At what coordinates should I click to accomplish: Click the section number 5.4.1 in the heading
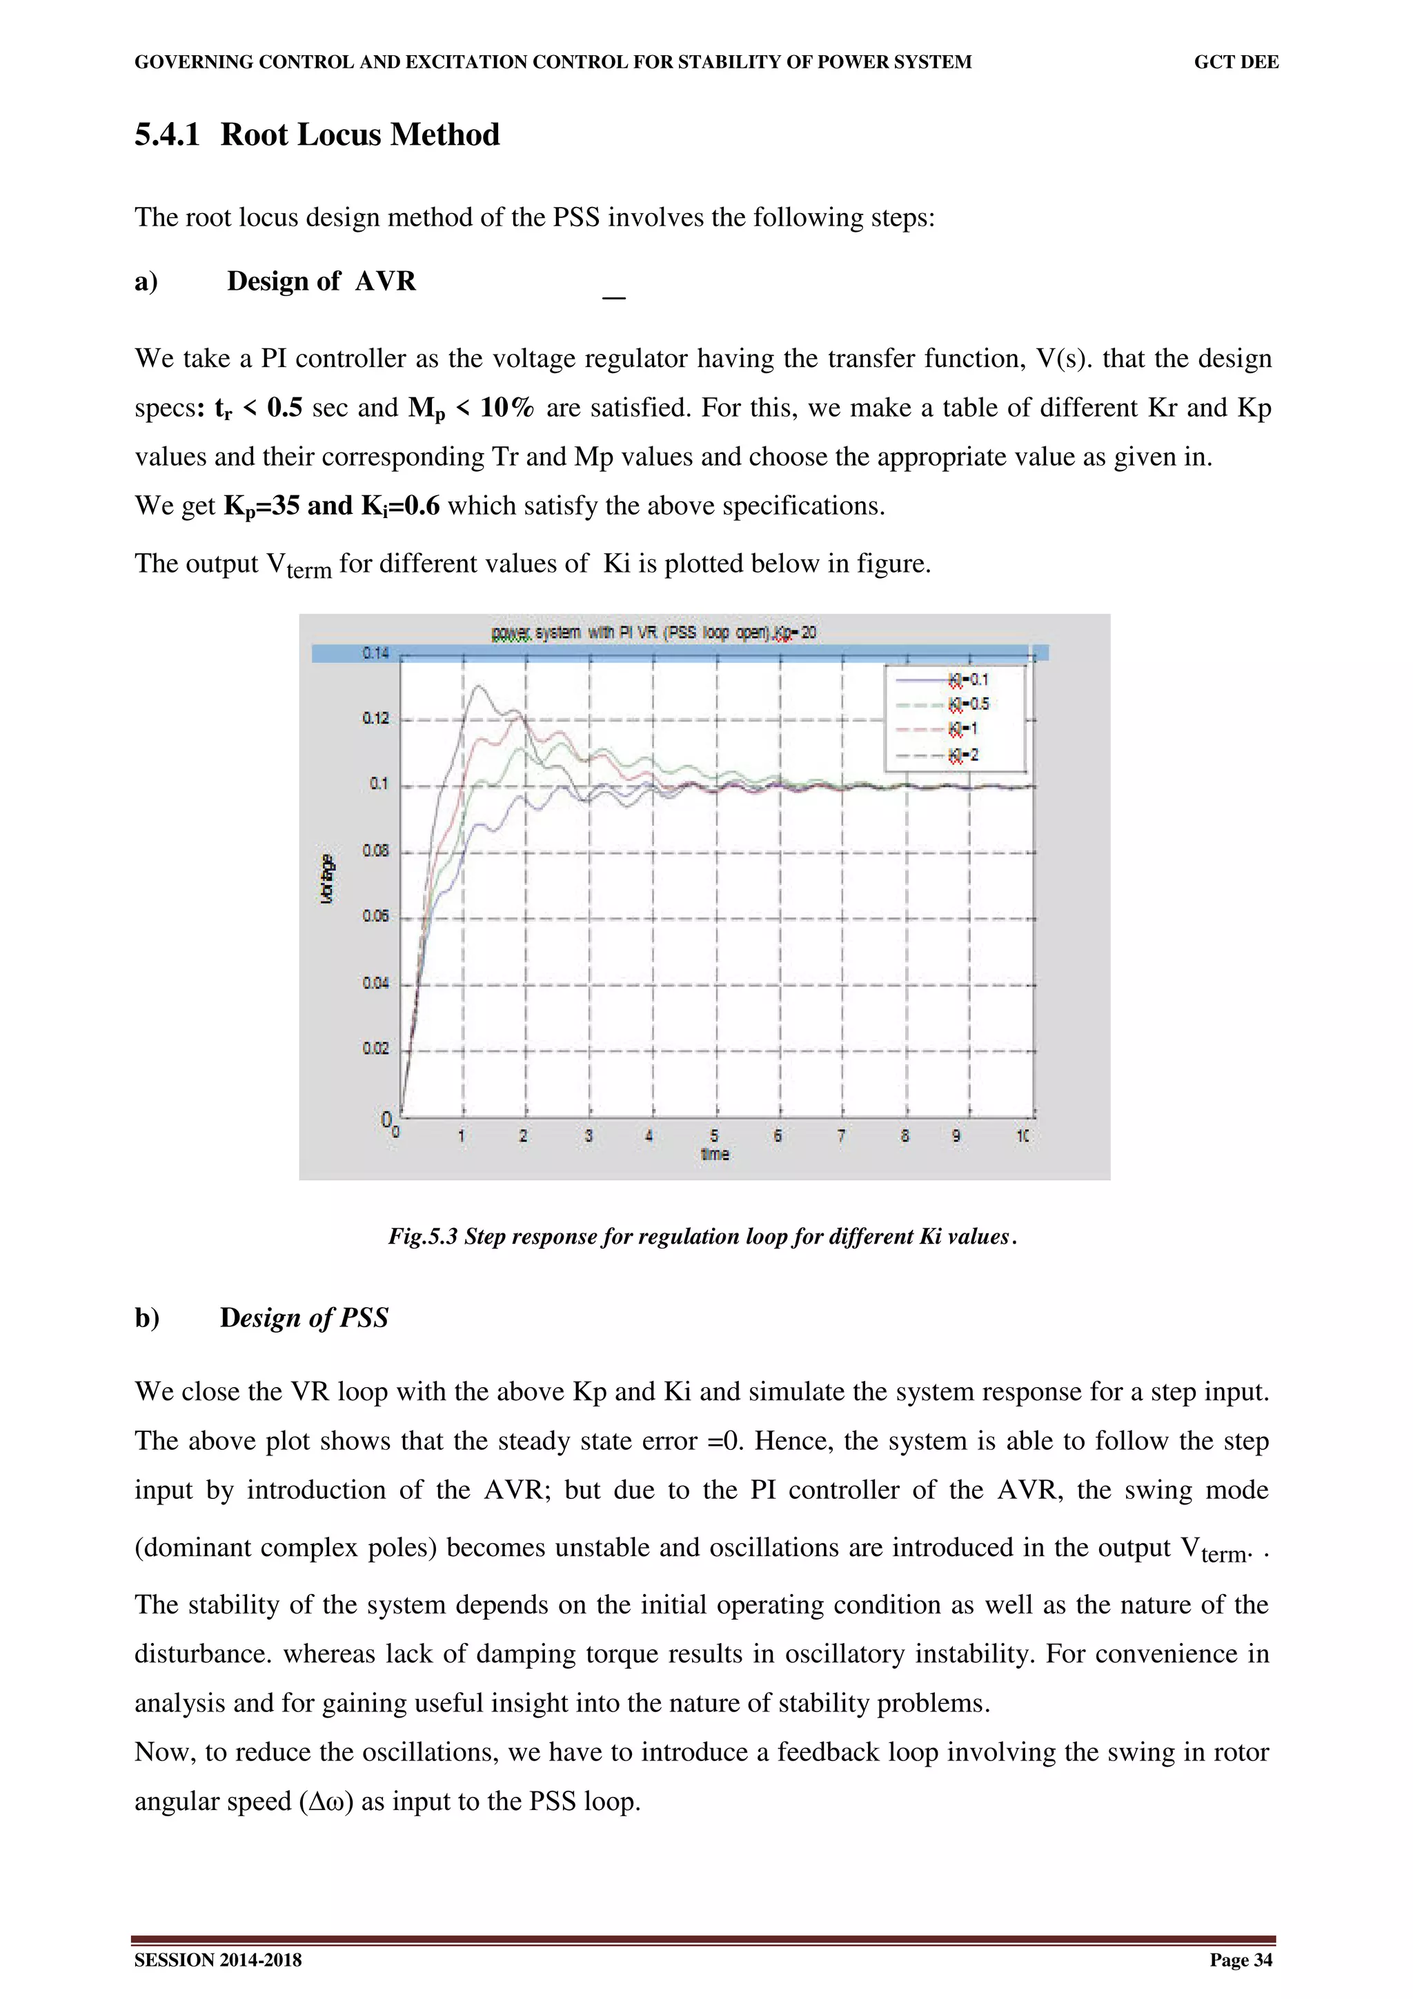point(166,135)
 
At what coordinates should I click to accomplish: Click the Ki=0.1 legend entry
point(967,679)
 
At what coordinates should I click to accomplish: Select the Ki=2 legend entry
point(963,755)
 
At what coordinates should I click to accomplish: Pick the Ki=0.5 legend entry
point(968,704)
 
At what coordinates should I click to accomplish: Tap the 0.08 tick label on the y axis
point(375,851)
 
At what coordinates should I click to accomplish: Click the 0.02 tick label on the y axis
point(375,1048)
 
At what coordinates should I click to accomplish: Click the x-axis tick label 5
point(714,1135)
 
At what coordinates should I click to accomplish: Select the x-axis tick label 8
point(905,1135)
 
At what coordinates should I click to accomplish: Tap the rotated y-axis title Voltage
point(327,879)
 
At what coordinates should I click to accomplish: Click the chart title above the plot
point(653,632)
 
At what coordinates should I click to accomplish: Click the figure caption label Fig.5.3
point(422,1236)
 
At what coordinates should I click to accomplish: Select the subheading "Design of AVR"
point(322,281)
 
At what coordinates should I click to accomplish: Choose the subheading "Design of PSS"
point(304,1317)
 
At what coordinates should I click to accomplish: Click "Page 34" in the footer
point(1241,1960)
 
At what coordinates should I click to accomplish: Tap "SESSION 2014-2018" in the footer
point(217,1960)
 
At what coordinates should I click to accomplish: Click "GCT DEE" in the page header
point(1236,62)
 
